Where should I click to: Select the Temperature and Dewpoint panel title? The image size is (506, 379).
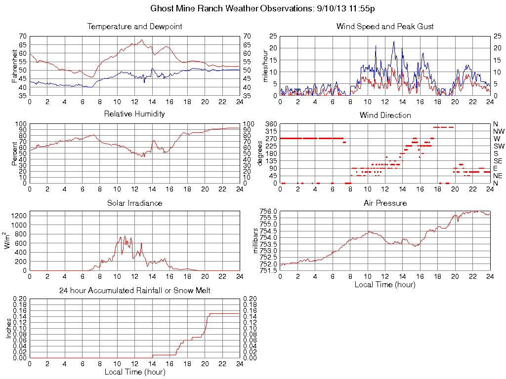coord(134,27)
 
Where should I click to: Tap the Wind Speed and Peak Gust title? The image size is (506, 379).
coord(385,27)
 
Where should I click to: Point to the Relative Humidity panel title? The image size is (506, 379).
coord(134,114)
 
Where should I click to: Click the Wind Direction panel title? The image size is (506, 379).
coord(385,115)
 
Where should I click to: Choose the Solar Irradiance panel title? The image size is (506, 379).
coord(134,203)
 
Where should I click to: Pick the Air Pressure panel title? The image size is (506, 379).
coord(385,203)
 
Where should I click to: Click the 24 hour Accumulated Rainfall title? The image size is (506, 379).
coord(134,291)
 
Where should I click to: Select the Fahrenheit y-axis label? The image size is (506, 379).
coord(15,66)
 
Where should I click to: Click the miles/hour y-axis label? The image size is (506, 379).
coord(265,66)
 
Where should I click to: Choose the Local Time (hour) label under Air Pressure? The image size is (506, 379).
coord(385,284)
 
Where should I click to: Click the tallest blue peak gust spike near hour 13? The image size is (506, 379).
coord(394,41)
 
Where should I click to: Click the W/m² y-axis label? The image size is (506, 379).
coord(8,240)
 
